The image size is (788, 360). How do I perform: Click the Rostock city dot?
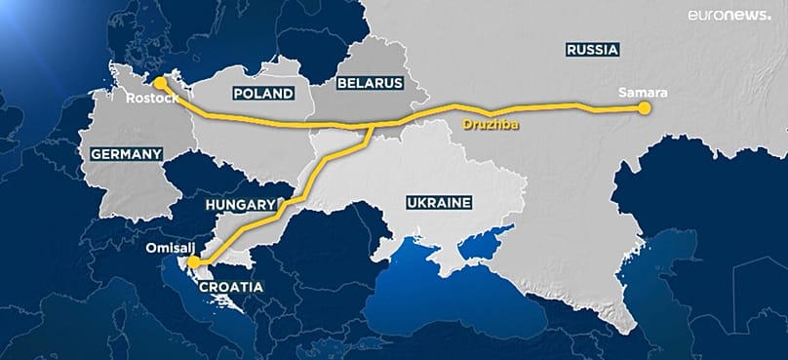pos(160,83)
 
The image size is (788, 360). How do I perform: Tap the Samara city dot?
pos(644,109)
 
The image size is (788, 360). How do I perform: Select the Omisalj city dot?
pos(193,262)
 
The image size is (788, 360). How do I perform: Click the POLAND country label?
pos(263,93)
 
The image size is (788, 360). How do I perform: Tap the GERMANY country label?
pos(125,154)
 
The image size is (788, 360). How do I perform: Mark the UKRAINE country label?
pos(438,203)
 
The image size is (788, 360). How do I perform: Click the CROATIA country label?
pos(230,288)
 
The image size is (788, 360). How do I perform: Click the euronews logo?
pos(730,16)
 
